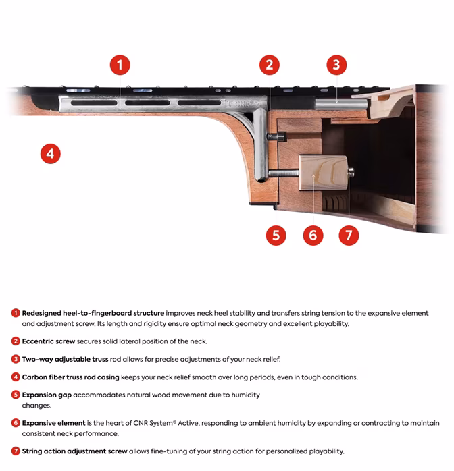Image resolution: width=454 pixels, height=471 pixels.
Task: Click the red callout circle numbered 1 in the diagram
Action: coord(120,65)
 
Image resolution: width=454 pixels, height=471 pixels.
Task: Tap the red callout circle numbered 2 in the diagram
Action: coord(270,65)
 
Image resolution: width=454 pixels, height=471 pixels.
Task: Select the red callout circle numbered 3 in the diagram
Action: coord(336,65)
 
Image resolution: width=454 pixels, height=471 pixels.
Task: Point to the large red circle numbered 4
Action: coord(49,153)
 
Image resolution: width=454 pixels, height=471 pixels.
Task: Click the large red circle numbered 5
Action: coord(276,235)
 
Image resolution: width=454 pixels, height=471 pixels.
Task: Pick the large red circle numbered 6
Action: coord(311,235)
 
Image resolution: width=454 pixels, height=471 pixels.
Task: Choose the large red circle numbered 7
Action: coord(348,235)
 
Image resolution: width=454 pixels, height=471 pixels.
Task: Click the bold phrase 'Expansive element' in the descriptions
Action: coord(53,423)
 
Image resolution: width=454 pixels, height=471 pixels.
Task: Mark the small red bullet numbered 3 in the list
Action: coord(16,359)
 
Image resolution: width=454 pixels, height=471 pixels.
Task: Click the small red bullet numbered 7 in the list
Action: coord(16,451)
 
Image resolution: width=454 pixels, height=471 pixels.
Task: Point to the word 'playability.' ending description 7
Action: coord(325,451)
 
